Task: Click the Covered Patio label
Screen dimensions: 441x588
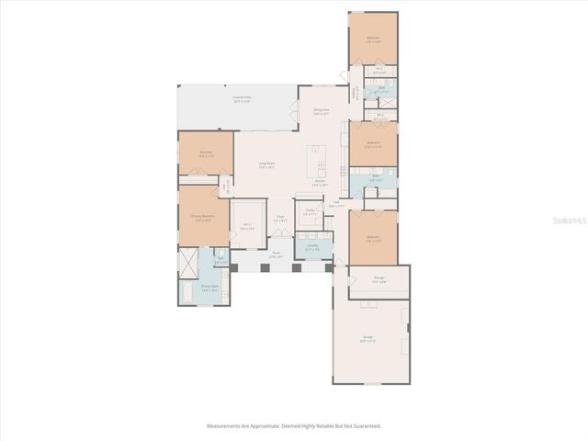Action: (242, 97)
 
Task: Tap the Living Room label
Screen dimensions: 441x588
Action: (267, 165)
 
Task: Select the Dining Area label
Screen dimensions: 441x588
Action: (321, 112)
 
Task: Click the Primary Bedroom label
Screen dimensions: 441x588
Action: (202, 218)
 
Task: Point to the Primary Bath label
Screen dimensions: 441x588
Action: (209, 288)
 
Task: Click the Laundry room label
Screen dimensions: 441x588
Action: (312, 246)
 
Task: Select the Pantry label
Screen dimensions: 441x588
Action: (311, 211)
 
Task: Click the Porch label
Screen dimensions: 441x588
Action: (276, 254)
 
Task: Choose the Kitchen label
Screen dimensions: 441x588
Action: (320, 182)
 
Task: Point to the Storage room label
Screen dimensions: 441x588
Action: (379, 279)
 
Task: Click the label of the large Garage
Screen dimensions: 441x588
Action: (367, 339)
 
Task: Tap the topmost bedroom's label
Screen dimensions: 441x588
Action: (373, 40)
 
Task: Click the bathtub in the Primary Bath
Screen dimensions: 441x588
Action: (184, 294)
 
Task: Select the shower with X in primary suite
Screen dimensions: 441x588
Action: (187, 265)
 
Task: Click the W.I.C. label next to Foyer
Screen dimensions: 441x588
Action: (247, 227)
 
